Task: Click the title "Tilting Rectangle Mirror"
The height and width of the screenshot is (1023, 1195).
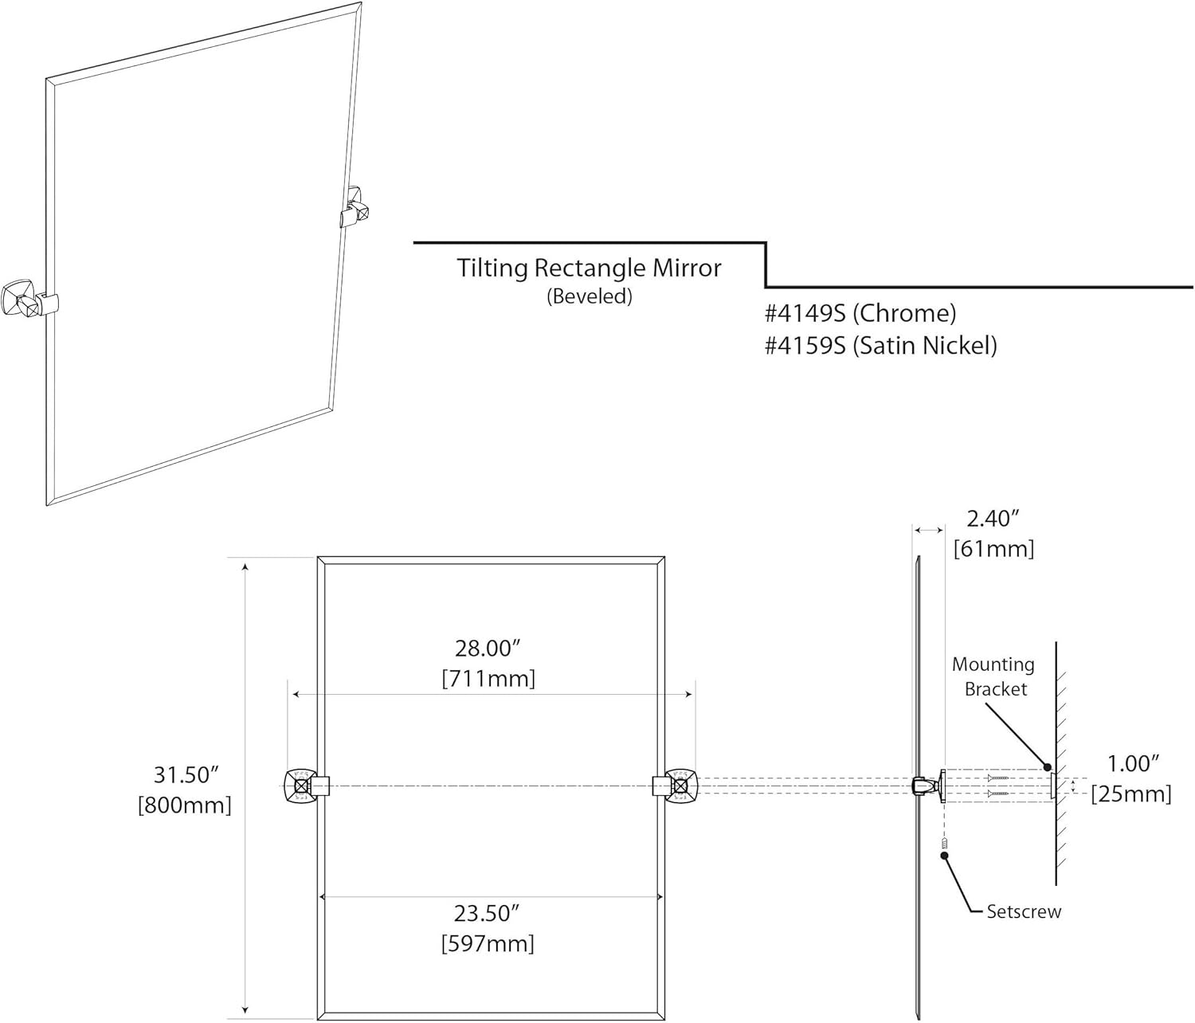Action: (589, 268)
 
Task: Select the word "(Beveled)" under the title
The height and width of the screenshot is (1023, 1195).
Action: (589, 296)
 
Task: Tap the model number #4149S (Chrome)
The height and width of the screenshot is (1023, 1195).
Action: (860, 313)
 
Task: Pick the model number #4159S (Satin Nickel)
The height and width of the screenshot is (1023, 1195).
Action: (880, 345)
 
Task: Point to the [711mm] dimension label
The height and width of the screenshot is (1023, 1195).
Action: (488, 679)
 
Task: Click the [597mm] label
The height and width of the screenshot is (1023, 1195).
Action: (487, 944)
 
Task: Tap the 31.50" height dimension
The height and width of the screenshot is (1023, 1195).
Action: (186, 774)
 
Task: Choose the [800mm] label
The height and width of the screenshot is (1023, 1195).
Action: (185, 805)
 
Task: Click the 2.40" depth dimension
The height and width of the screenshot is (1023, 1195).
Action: (993, 519)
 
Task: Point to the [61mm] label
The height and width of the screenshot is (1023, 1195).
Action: (993, 549)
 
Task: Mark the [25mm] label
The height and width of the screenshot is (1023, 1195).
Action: (1131, 794)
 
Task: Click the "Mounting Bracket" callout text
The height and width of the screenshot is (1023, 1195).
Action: (993, 676)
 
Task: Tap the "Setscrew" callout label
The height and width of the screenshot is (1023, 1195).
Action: (1024, 911)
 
